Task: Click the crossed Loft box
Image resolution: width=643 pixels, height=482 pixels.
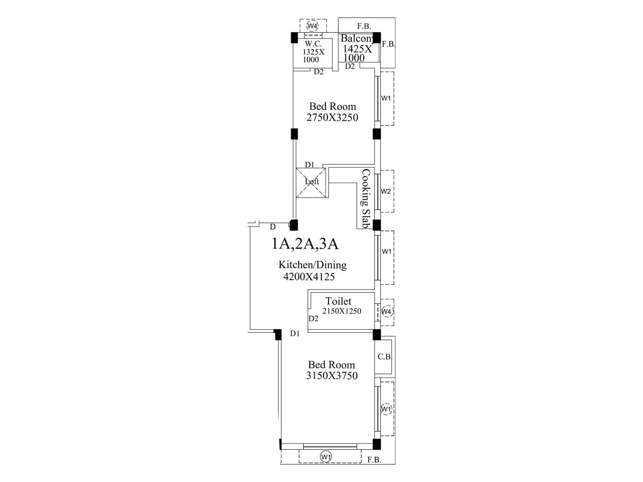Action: point(311,183)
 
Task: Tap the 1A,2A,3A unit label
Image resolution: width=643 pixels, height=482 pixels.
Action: point(305,244)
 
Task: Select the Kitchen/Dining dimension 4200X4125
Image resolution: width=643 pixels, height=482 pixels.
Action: point(309,277)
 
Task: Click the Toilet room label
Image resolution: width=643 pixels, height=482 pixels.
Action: point(338,301)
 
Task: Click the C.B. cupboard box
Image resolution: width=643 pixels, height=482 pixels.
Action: point(384,357)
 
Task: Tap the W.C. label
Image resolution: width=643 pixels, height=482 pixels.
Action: point(313,44)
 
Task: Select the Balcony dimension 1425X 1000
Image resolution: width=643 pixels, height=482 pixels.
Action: point(357,53)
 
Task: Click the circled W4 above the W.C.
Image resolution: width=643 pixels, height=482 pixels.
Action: point(312,27)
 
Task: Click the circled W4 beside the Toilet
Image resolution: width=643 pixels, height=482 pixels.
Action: point(387,311)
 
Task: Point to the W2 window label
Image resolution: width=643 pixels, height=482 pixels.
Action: point(386,191)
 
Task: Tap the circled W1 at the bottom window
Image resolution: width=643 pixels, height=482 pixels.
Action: point(326,457)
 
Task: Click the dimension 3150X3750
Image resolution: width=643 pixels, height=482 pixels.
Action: point(332,376)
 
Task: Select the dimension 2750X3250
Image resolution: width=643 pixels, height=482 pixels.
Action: point(332,118)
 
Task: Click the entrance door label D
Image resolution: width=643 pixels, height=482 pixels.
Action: point(273,227)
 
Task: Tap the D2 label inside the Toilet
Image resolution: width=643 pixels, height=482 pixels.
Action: point(313,319)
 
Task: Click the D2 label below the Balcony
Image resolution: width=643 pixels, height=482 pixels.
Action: point(350,66)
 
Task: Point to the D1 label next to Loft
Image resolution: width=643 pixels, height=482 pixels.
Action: point(309,165)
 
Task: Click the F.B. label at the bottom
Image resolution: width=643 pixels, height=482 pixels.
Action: point(374,460)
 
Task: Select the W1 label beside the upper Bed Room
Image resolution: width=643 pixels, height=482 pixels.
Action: point(386,98)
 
